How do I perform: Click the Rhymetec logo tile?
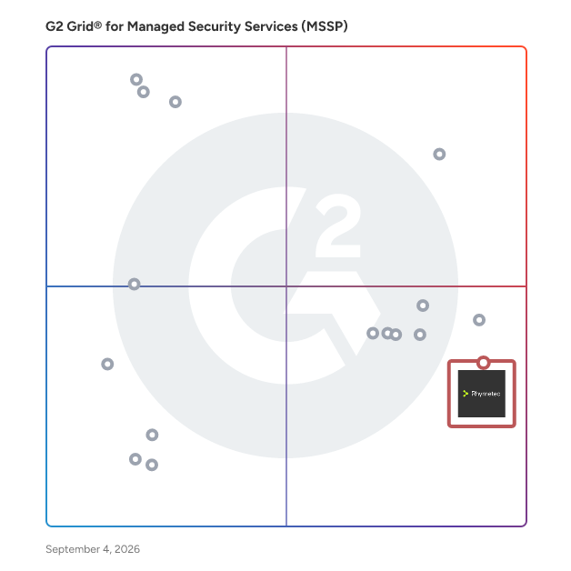(481, 394)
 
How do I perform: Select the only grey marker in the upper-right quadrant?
(439, 154)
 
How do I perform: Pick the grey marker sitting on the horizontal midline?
(134, 284)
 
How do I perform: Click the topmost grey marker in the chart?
(136, 79)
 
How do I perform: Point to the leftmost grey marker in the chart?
(107, 364)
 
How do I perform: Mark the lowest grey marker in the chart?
(152, 465)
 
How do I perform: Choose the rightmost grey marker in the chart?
(479, 320)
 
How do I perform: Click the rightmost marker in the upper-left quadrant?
(175, 102)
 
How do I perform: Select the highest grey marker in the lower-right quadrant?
(423, 306)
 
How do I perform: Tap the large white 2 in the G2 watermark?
(338, 225)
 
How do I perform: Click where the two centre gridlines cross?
(286, 286)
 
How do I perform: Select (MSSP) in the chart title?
(325, 26)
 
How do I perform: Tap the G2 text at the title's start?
(55, 26)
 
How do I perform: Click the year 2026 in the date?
(127, 549)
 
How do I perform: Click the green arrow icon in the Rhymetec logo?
(465, 394)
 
